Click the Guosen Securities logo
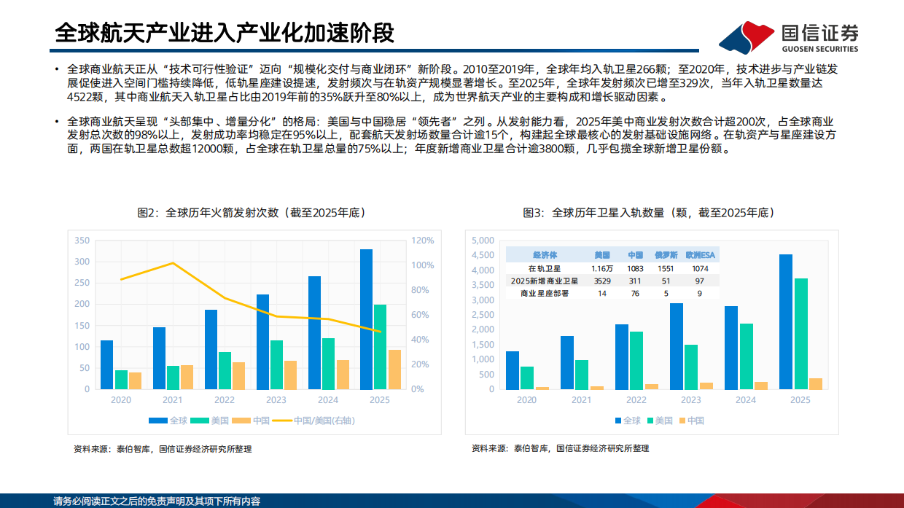788,36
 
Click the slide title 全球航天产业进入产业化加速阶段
225,33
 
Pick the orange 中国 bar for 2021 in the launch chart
187,377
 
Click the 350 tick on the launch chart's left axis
82,241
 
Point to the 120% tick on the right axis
422,241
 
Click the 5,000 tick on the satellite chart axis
483,241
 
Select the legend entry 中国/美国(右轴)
321,421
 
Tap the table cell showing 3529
601,281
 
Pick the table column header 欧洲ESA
700,255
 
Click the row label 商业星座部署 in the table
544,293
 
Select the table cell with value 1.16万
601,268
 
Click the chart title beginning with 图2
251,213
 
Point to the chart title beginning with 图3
648,213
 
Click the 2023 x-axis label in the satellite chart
690,400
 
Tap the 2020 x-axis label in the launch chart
121,400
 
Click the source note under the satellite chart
560,448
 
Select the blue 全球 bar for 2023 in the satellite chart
677,346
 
